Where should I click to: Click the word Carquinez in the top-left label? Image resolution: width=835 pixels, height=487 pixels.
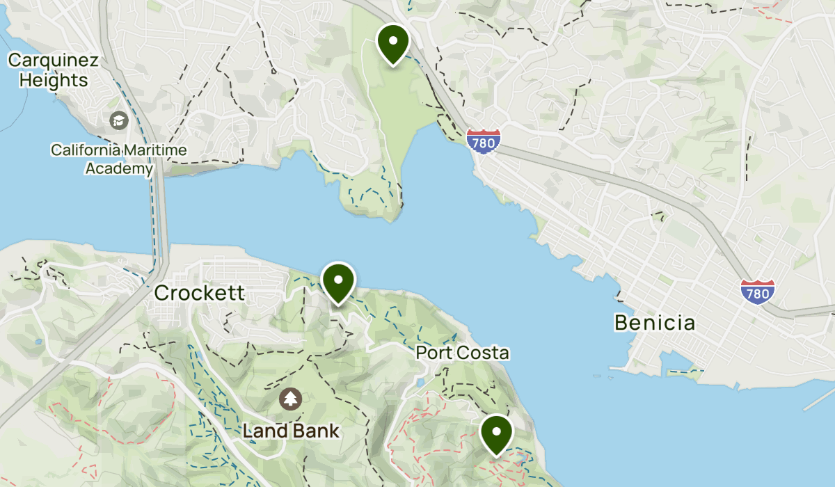tap(53, 60)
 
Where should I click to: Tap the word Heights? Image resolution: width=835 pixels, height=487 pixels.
tap(54, 80)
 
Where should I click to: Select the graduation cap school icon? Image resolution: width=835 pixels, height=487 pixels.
tap(119, 120)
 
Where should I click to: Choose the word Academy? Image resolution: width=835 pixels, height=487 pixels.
tap(119, 168)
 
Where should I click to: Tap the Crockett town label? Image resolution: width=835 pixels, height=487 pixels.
tap(199, 293)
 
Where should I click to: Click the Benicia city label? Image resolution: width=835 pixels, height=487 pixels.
tap(654, 323)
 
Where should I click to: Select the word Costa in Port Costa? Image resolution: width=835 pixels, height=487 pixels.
tap(484, 353)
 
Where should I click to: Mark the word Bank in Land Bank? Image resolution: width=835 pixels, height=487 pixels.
tap(316, 431)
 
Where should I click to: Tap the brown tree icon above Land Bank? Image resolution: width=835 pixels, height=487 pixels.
tap(289, 399)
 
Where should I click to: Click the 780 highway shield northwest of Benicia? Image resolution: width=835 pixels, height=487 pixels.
tap(483, 141)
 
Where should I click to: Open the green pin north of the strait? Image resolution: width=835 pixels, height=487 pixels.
tap(392, 43)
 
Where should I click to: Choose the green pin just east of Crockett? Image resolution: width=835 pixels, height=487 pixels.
tap(339, 282)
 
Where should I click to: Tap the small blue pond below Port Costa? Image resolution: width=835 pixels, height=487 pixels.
tap(420, 382)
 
